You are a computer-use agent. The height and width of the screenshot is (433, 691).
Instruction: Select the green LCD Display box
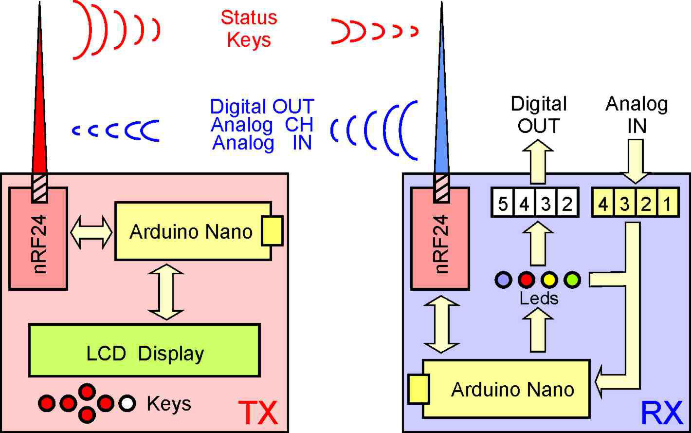tap(144, 350)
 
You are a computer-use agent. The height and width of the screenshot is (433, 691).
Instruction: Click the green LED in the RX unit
tap(572, 280)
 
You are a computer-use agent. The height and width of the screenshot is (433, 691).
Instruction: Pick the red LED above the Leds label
tap(526, 280)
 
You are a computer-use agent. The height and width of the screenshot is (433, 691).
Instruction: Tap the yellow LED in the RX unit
tap(549, 280)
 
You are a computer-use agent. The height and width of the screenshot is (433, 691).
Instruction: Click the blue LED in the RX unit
tap(503, 280)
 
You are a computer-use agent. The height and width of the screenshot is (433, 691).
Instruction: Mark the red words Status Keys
tap(249, 29)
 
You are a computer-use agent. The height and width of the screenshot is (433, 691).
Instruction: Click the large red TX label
tap(258, 414)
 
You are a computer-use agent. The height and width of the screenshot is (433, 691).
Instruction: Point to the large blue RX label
tap(662, 414)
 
